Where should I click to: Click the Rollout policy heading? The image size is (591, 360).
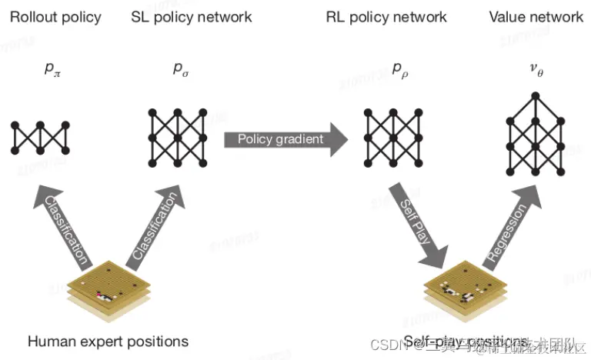pyautogui.click(x=55, y=17)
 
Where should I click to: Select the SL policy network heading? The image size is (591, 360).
pyautogui.click(x=191, y=17)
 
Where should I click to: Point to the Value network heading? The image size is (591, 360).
pyautogui.click(x=536, y=17)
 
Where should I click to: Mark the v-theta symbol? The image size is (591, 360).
pyautogui.click(x=536, y=69)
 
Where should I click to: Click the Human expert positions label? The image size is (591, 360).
pyautogui.click(x=108, y=341)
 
